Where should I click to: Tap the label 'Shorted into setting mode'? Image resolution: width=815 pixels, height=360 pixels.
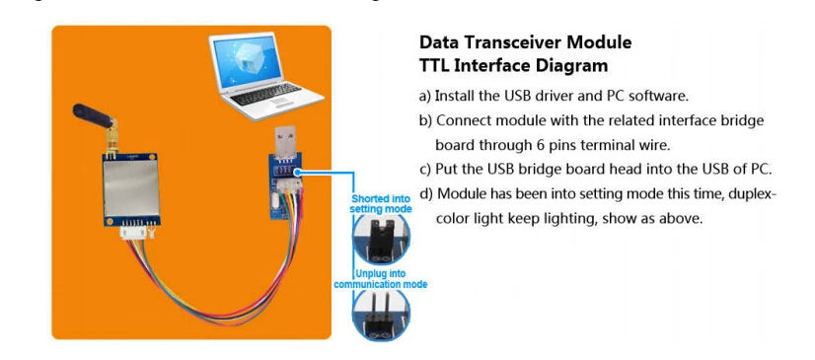point(382,203)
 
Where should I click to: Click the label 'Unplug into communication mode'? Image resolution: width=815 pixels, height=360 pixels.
point(382,277)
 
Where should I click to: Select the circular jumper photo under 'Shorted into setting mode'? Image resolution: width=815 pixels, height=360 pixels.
point(381,237)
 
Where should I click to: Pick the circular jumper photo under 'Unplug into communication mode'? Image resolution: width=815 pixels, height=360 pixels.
point(381,314)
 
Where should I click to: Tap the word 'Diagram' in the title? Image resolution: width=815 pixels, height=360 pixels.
point(567,65)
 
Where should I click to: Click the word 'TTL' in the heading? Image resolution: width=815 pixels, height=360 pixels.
point(437,65)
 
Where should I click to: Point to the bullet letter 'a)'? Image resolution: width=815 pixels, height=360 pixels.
point(426,96)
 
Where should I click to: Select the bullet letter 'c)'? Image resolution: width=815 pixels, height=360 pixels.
point(426,169)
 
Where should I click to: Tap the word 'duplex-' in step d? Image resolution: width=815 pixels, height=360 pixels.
point(749,193)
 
